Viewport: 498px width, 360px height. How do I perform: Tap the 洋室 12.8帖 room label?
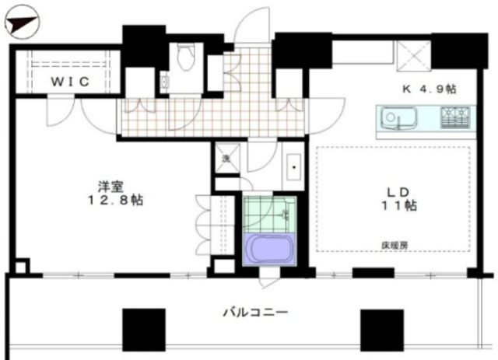click(x=117, y=193)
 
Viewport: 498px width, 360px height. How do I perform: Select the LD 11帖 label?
click(x=398, y=198)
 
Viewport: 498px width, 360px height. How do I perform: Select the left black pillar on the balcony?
click(x=144, y=329)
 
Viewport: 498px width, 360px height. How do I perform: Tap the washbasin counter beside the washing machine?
click(x=294, y=166)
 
